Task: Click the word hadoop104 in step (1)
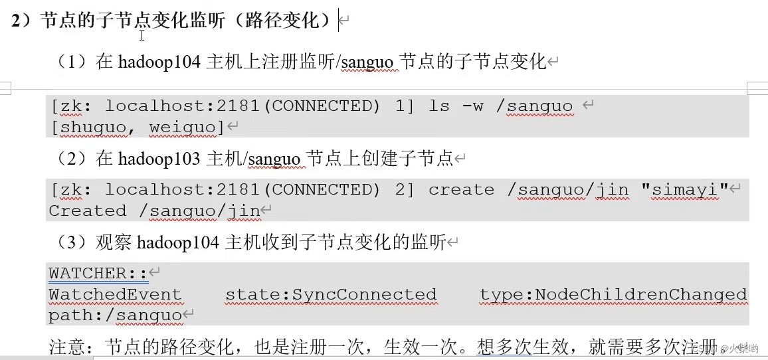coord(160,62)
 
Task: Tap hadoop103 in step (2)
coord(160,158)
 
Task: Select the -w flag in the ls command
coord(472,106)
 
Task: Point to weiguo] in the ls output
coord(187,128)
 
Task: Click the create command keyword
coord(461,190)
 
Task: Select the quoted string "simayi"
coord(685,190)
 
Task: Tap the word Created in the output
coord(87,211)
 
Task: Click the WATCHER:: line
coord(98,273)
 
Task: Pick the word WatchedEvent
coord(115,294)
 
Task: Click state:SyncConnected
coord(331,294)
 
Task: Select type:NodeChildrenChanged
coord(613,294)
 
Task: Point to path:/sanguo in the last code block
coord(115,315)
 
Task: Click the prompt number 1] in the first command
coord(405,106)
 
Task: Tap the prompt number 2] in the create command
coord(405,190)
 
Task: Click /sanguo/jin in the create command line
coord(568,190)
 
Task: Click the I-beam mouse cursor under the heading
coord(142,36)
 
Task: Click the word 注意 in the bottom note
coord(65,347)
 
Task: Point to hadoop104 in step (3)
coord(178,242)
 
